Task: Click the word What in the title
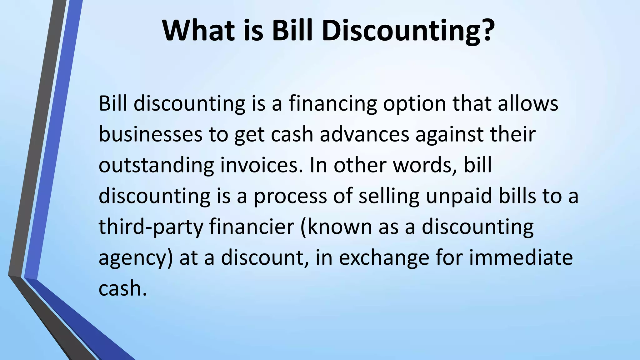(x=198, y=30)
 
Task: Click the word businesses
(x=150, y=134)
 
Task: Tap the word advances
(x=364, y=134)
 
